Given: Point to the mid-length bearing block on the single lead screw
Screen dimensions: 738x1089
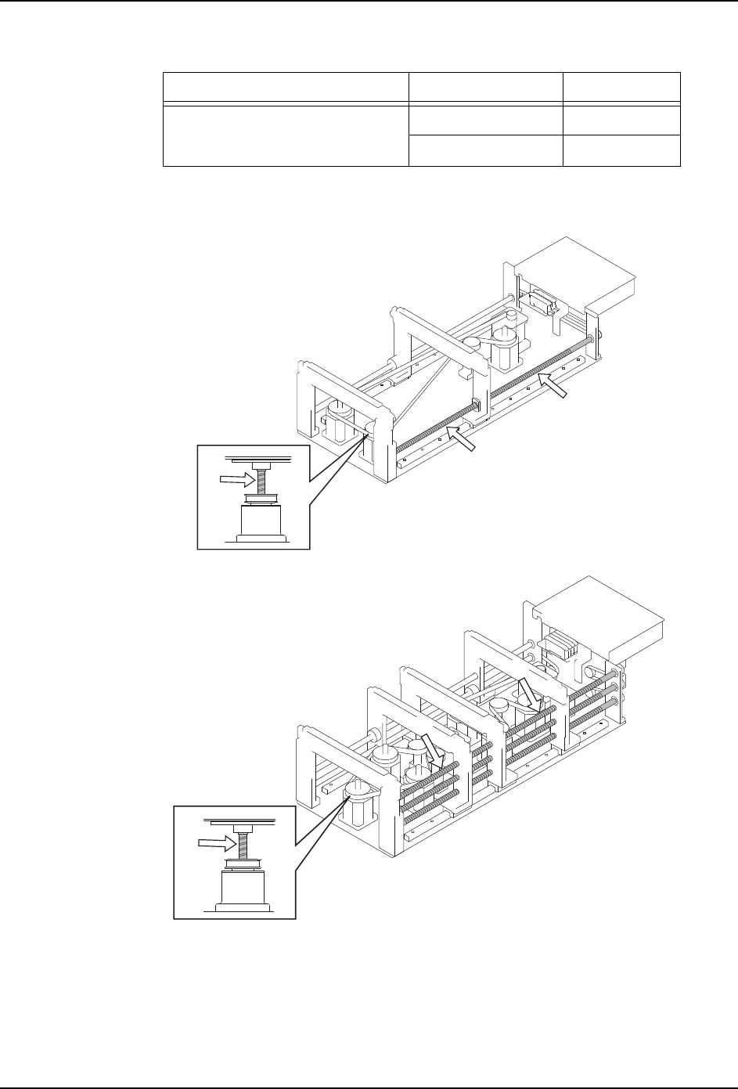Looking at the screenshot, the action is tap(474, 406).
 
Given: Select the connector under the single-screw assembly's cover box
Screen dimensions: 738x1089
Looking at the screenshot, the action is tap(539, 299).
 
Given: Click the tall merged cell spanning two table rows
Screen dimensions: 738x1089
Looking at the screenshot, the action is tap(286, 133).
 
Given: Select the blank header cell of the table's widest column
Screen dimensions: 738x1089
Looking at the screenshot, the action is tap(286, 86).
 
